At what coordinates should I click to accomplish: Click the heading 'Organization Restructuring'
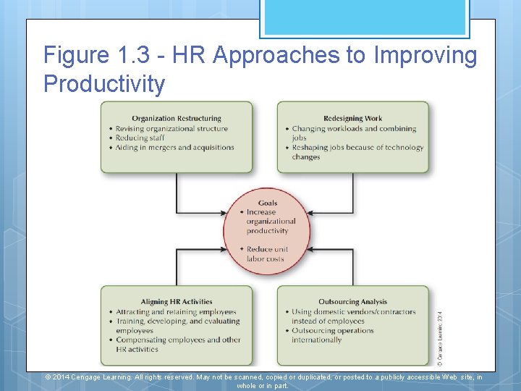tap(177, 119)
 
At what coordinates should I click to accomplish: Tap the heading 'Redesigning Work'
tap(353, 119)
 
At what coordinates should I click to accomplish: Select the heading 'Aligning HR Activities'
tap(177, 302)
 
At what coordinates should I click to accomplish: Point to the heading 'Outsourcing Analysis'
tap(353, 302)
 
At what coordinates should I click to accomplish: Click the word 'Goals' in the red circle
tap(267, 203)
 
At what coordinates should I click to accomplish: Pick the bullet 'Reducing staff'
tap(140, 138)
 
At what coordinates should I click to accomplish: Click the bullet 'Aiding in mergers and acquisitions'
tap(174, 147)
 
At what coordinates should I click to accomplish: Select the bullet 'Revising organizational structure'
tap(171, 128)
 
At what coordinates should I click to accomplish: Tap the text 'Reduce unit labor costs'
tap(267, 254)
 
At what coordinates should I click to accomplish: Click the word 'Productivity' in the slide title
tap(104, 84)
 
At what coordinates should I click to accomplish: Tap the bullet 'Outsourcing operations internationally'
tap(333, 335)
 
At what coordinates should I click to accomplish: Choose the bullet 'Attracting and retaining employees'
tap(176, 312)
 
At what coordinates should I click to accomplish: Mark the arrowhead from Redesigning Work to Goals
tap(310, 213)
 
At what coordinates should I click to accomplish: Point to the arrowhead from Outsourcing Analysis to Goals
tap(310, 250)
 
